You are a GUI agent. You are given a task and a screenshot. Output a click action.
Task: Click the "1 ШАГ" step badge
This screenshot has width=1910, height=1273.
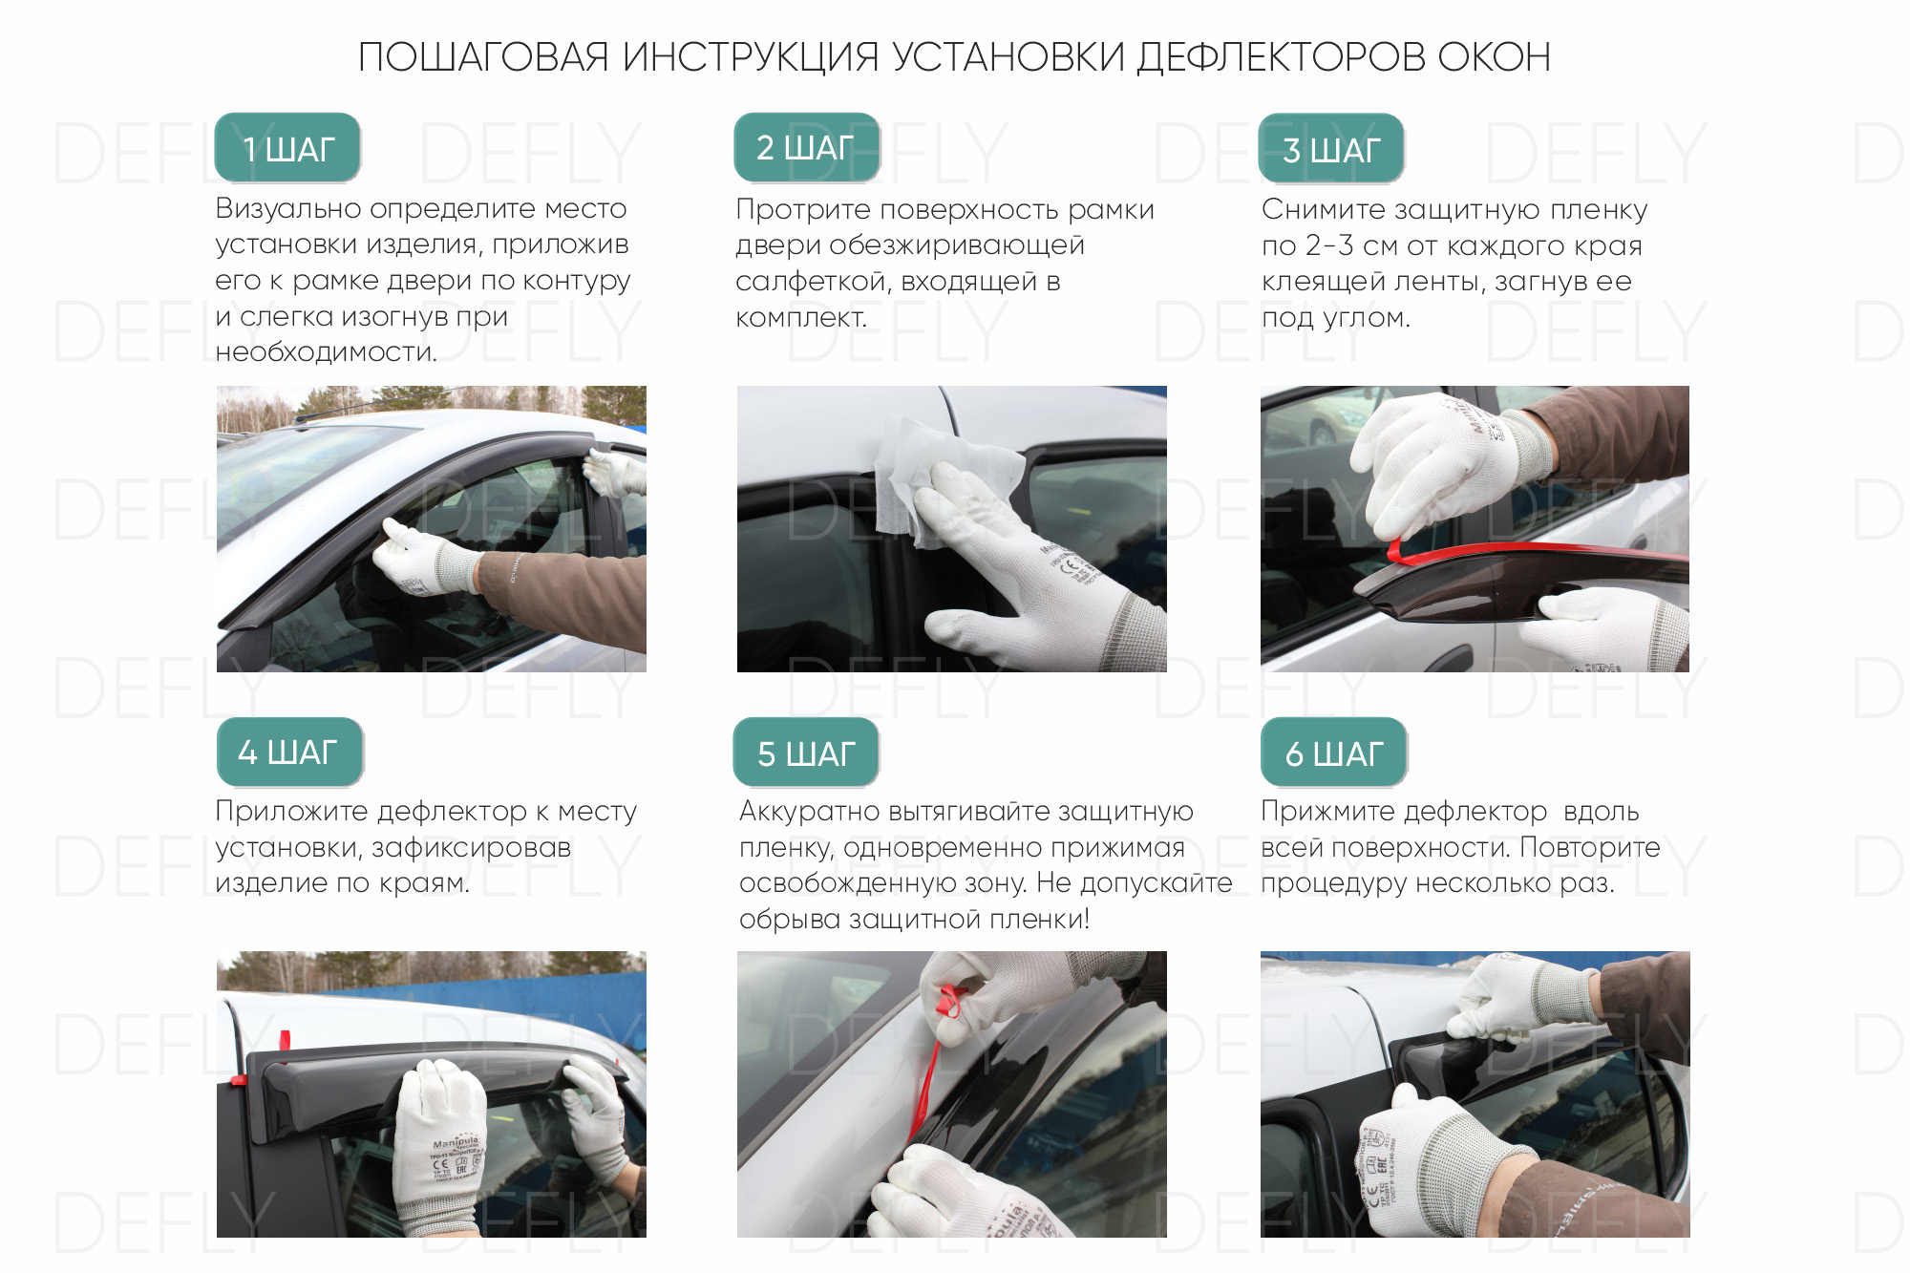(x=287, y=148)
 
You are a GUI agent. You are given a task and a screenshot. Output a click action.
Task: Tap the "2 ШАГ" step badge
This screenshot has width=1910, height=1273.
(x=806, y=148)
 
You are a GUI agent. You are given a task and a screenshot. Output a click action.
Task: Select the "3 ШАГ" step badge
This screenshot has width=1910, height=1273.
(x=1331, y=149)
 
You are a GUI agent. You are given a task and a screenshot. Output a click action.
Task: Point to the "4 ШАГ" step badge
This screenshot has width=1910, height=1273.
(x=288, y=753)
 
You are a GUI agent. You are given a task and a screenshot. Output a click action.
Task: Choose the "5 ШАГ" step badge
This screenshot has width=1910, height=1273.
(x=806, y=753)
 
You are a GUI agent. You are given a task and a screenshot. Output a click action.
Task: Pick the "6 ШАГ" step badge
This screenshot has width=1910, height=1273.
(x=1333, y=753)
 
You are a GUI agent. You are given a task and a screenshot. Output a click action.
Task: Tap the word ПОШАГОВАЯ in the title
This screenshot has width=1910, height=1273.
(x=483, y=57)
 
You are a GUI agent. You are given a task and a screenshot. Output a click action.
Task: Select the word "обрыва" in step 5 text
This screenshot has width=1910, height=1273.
(x=790, y=921)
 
